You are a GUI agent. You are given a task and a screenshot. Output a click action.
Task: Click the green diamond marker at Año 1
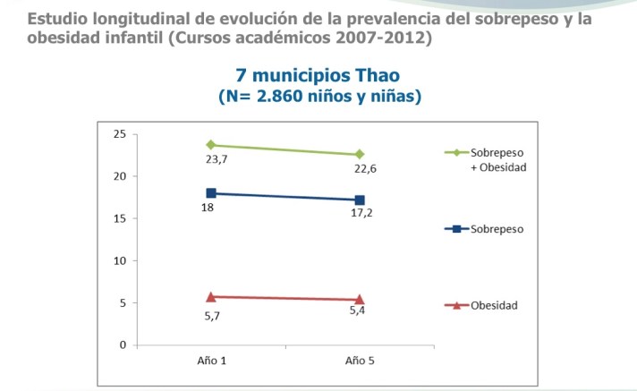(x=211, y=145)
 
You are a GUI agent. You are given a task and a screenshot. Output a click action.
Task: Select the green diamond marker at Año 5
(x=359, y=154)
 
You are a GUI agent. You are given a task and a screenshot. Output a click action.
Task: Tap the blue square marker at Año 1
(x=211, y=193)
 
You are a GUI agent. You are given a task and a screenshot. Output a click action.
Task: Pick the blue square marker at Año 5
(x=359, y=200)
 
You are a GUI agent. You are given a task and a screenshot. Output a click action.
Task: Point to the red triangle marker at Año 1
(x=211, y=296)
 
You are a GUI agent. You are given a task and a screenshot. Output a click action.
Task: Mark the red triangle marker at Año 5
(x=359, y=299)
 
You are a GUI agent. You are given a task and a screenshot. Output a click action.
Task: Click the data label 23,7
(x=217, y=159)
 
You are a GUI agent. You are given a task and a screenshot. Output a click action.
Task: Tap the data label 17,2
(x=361, y=215)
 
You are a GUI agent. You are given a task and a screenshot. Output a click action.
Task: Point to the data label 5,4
(x=358, y=310)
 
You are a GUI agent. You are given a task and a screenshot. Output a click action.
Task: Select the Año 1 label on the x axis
(x=211, y=360)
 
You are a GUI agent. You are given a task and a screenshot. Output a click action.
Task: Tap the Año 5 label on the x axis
(x=359, y=360)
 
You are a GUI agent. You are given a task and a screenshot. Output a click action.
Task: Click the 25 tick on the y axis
(x=117, y=134)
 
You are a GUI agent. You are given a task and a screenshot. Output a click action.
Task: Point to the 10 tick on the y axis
(x=117, y=260)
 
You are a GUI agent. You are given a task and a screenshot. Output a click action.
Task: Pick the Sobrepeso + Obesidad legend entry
(x=497, y=159)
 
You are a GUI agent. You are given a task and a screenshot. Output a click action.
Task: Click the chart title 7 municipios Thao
(x=318, y=77)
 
